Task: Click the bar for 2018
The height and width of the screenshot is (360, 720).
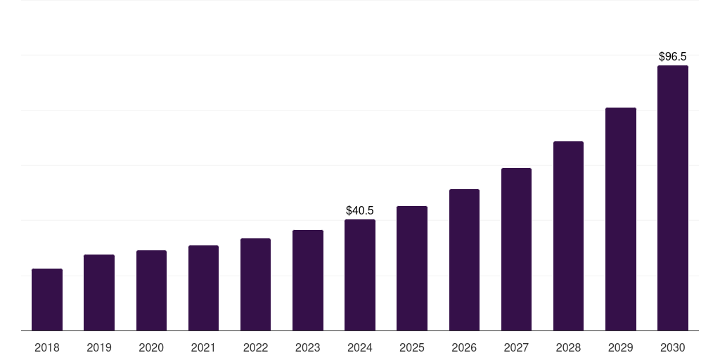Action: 47,300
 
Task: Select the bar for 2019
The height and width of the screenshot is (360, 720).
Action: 99,292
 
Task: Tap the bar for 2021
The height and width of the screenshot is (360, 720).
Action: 203,288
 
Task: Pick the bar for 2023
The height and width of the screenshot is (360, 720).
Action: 308,281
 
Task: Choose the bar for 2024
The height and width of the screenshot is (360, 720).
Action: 360,275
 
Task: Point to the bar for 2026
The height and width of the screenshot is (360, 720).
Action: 464,260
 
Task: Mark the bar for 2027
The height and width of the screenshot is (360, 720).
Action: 516,250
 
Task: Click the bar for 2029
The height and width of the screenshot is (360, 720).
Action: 621,219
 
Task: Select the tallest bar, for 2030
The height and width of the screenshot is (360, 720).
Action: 673,198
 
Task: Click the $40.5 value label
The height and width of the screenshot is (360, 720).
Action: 360,210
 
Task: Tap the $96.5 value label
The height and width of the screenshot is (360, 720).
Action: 673,56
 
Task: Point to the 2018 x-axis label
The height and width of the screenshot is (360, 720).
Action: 47,347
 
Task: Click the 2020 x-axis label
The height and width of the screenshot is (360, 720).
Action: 151,347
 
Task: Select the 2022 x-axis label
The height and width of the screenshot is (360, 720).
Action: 256,347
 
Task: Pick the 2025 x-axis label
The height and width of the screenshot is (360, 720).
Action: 412,347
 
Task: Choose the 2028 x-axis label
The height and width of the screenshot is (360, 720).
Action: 568,347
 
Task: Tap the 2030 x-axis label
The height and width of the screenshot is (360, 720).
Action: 673,347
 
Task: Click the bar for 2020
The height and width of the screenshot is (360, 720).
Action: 151,290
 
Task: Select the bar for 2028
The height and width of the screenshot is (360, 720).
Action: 568,236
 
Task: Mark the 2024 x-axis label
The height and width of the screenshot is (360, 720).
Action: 360,347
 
